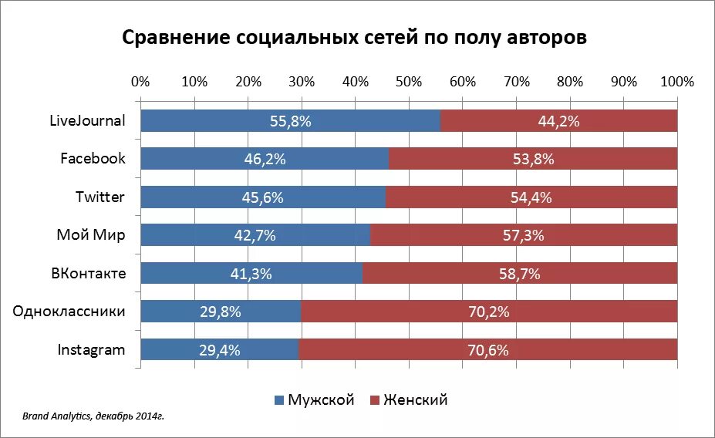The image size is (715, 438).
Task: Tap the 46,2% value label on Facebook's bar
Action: pos(265,159)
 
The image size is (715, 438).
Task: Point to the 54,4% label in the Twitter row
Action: pos(531,197)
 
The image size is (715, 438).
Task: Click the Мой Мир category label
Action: pos(90,235)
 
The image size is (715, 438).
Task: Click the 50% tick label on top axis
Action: pos(409,82)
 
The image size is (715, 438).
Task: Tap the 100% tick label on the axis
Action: pos(677,82)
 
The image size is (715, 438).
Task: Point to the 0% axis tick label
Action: pos(140,82)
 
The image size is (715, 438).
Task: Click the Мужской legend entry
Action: pos(314,400)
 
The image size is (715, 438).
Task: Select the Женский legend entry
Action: pos(410,400)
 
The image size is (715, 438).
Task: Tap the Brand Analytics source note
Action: pos(93,416)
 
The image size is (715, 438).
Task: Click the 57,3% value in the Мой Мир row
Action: pos(524,235)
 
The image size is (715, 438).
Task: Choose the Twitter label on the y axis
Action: pos(99,197)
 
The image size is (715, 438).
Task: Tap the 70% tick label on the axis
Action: pos(516,82)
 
